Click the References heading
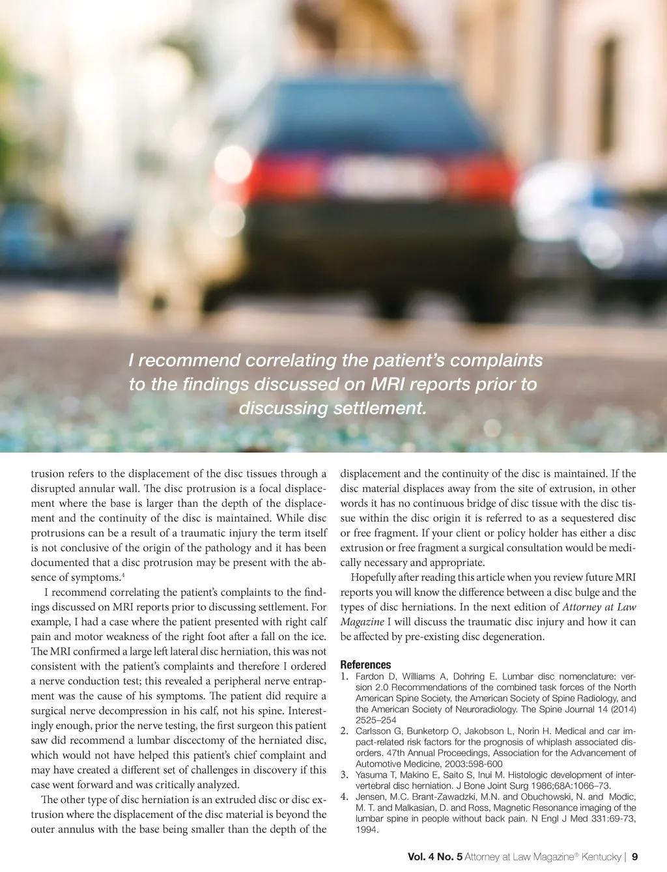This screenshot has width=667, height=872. [365, 665]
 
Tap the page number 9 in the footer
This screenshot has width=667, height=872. [634, 857]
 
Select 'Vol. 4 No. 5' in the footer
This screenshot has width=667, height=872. [434, 857]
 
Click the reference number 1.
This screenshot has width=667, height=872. [344, 677]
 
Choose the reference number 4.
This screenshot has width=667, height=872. [344, 796]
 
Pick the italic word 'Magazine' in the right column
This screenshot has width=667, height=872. [362, 622]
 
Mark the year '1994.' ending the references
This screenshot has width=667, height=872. [367, 830]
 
